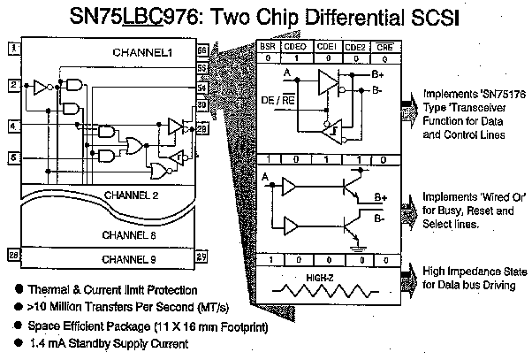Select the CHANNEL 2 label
coord(131,195)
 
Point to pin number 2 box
coord(12,86)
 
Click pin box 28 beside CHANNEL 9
coord(12,255)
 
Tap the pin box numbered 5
coord(12,158)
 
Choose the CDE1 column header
coord(325,47)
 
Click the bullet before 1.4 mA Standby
coord(18,344)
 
